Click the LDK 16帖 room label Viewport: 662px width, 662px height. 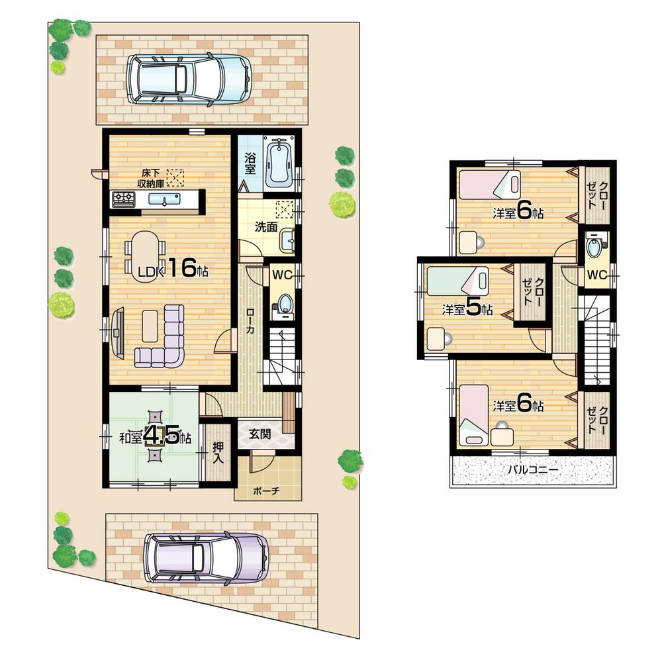click(x=169, y=268)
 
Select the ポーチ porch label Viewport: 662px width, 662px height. click(x=267, y=491)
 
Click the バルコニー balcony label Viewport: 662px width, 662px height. click(x=533, y=471)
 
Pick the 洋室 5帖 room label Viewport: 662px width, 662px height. click(x=467, y=310)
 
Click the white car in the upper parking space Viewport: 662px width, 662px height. click(x=189, y=78)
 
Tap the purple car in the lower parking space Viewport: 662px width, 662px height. click(x=207, y=557)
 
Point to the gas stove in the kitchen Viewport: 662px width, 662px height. click(x=123, y=199)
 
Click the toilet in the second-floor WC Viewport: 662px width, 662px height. click(x=594, y=250)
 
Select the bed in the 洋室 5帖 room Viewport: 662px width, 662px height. click(x=457, y=280)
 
